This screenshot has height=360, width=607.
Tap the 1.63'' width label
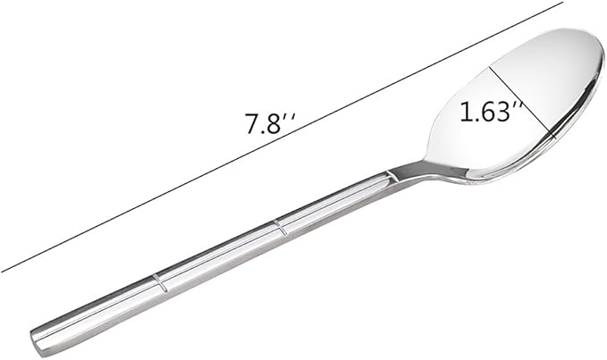pyautogui.click(x=491, y=113)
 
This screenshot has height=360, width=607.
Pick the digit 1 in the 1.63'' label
pyautogui.click(x=465, y=113)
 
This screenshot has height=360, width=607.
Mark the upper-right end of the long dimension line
pyautogui.click(x=563, y=3)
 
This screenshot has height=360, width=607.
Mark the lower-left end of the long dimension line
pyautogui.click(x=2, y=271)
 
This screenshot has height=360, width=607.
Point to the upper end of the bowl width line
pyautogui.click(x=488, y=66)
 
